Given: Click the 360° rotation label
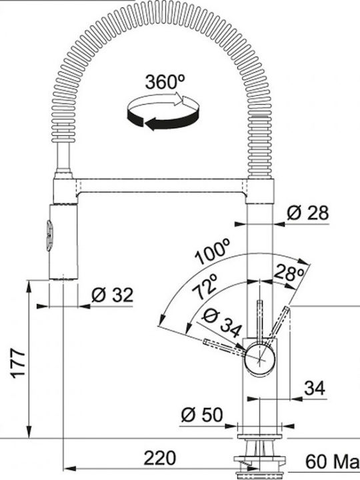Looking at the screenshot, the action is [165, 82].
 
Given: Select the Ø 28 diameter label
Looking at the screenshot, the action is [307, 213].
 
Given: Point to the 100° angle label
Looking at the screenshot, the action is [213, 252].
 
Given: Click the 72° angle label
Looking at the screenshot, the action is [205, 287].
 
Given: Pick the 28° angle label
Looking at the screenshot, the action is [289, 273].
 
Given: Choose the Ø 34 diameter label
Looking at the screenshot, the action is [222, 323].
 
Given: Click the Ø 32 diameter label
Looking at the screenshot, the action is [113, 295].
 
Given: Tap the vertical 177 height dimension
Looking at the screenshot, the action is [19, 363].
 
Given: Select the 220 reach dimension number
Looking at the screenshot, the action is [160, 458].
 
